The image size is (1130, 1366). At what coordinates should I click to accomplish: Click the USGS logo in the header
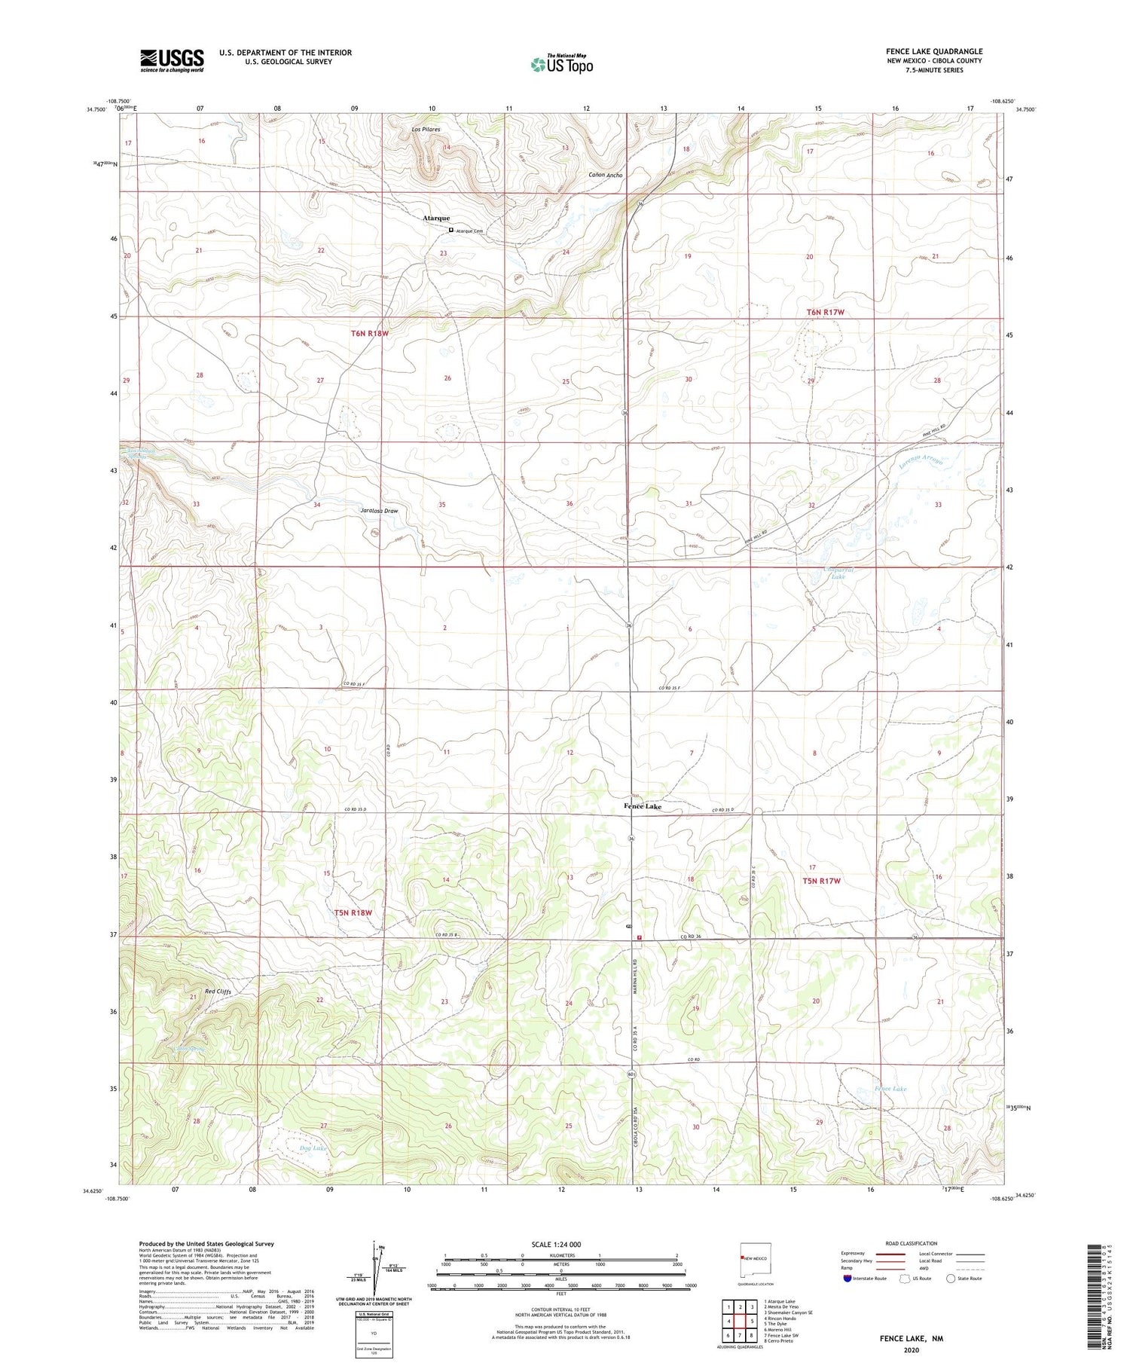pos(172,60)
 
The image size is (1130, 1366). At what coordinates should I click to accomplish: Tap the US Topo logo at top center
pos(561,64)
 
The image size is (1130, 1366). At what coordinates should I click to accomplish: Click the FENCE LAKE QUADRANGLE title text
pos(933,51)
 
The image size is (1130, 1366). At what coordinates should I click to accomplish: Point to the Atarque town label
pos(436,218)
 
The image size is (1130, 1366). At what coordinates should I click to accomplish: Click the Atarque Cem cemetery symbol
pos(451,230)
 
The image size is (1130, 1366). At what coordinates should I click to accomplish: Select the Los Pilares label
pos(426,130)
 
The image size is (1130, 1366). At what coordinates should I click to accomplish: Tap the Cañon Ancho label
pos(606,175)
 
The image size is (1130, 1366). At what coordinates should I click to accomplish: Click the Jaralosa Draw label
pos(379,510)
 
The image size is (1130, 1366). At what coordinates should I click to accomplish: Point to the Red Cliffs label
pos(218,992)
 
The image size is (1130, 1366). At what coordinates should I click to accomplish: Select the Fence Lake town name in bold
pos(643,806)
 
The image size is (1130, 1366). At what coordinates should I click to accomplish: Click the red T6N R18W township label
pos(369,332)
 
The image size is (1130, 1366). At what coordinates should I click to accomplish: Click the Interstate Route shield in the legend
pos(847,1278)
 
